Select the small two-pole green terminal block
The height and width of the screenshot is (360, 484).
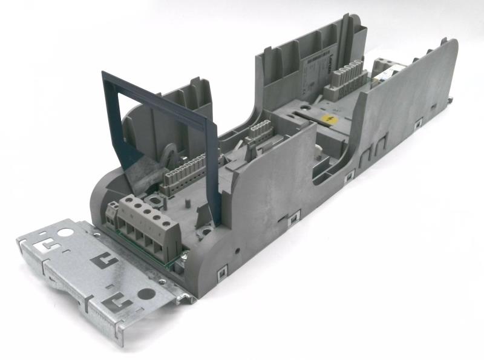113,213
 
